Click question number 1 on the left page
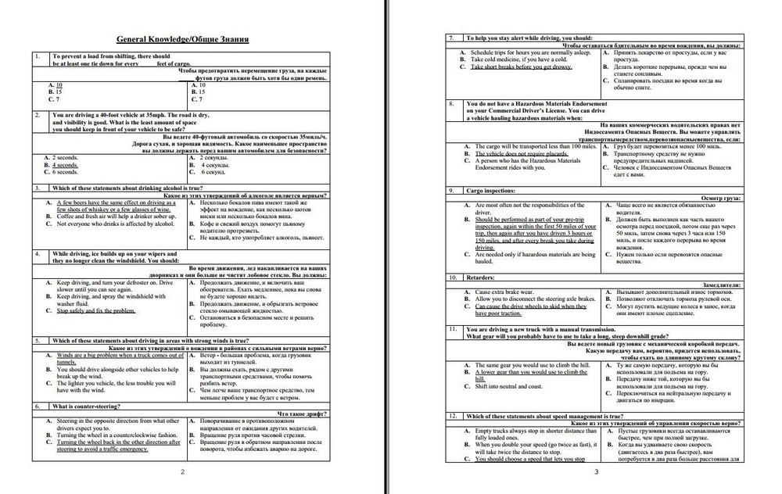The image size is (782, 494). tap(37, 56)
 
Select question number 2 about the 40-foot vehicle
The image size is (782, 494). tap(37, 115)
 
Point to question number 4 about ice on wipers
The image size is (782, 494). tap(37, 254)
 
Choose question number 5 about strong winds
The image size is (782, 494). tap(37, 341)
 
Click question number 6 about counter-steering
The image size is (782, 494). tap(37, 406)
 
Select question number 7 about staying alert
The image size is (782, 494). tap(451, 38)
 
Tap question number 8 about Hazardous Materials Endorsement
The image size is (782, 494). tap(451, 103)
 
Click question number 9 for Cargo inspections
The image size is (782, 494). tap(451, 190)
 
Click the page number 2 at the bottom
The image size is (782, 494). tap(182, 471)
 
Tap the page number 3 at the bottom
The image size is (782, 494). tap(597, 471)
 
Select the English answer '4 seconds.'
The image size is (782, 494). tap(63, 165)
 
